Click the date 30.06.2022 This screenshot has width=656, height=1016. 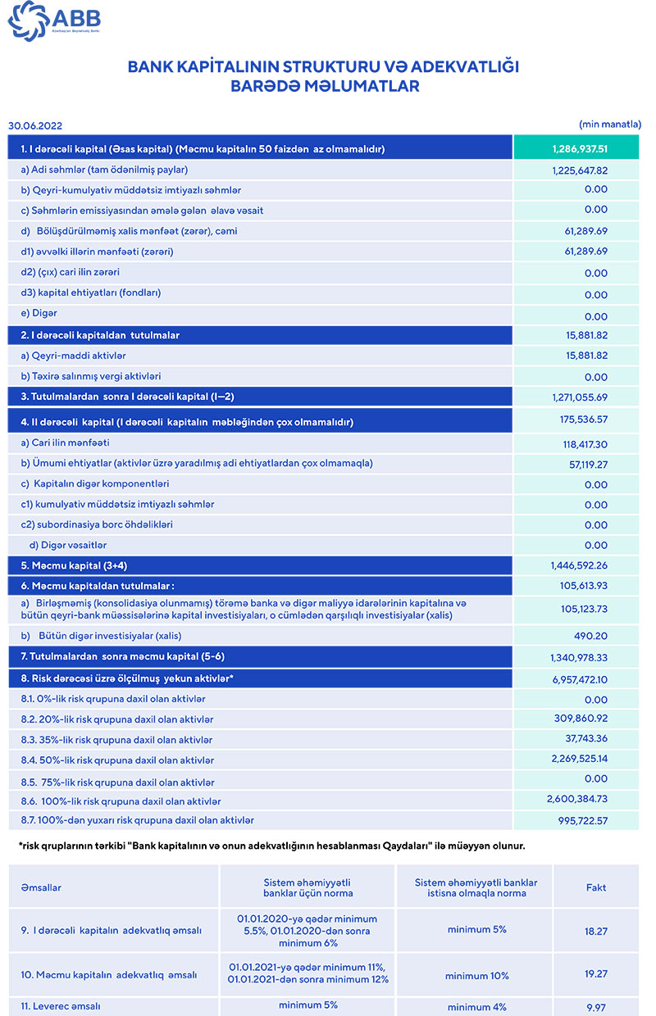point(35,126)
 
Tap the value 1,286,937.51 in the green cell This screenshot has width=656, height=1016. point(580,149)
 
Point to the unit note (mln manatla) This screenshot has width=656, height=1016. point(609,124)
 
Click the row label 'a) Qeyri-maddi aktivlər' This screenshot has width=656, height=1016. point(74,356)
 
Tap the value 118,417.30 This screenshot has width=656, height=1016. point(580,443)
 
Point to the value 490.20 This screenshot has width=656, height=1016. point(590,636)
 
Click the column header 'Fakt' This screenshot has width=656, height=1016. point(596,887)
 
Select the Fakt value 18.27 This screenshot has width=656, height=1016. point(596,931)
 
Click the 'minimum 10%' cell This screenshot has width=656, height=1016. point(476,976)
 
